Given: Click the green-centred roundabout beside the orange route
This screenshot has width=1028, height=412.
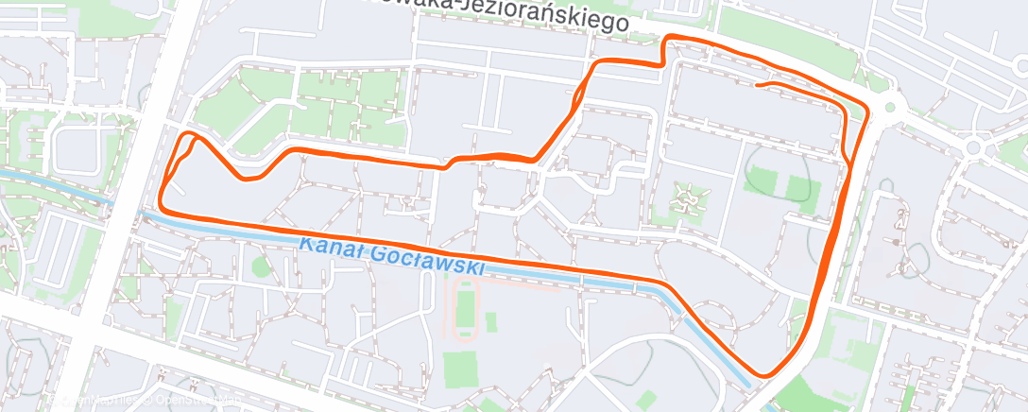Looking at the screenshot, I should point(888,107).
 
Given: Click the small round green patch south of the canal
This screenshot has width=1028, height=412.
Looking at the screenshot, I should point(261,267).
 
